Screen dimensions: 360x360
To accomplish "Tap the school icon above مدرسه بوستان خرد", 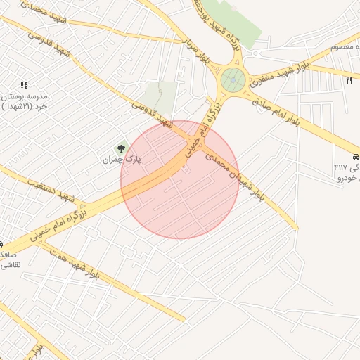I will tap(25, 85).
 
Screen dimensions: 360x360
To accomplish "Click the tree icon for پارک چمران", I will tap(121, 148).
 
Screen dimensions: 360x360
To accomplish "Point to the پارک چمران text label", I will tap(122, 160).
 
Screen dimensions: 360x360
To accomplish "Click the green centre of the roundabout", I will tap(233, 81).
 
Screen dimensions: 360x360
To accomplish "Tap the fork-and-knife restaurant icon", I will tap(349, 80).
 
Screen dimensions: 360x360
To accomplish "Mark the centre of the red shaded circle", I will tap(180, 179).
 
